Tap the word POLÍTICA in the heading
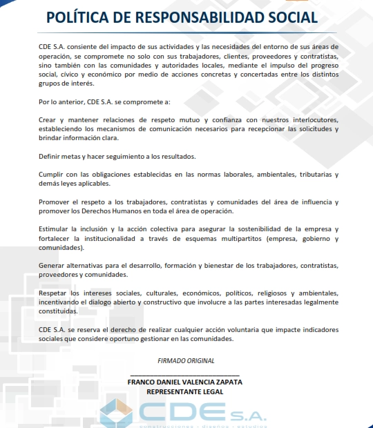click(x=75, y=17)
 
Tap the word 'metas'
click(x=73, y=155)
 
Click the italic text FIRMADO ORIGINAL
click(x=186, y=360)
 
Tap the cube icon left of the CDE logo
click(x=116, y=412)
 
